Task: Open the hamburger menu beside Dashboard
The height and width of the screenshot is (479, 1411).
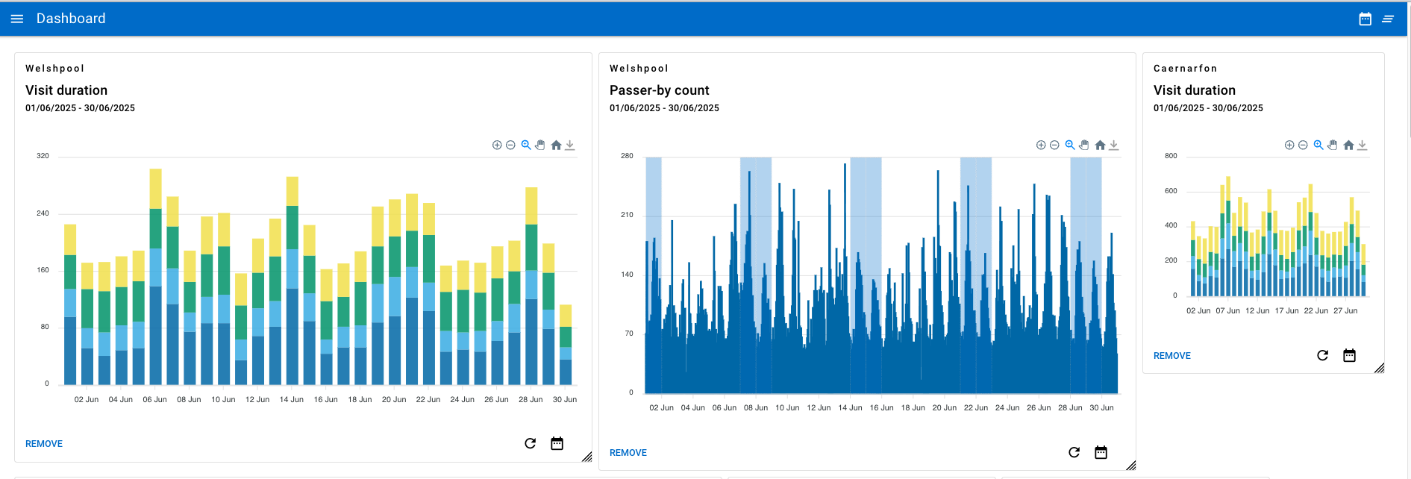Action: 16,19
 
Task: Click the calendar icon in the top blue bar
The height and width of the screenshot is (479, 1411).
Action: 1365,19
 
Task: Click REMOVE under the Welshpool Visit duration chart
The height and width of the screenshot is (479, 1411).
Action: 44,444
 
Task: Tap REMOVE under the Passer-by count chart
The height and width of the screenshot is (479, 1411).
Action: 628,453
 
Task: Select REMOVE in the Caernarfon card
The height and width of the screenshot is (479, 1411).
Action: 1171,356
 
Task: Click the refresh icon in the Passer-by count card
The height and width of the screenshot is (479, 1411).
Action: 1074,452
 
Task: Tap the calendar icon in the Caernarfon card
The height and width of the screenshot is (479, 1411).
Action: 1349,355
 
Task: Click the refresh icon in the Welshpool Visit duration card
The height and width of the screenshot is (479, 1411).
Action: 530,443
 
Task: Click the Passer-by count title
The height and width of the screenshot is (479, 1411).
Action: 659,90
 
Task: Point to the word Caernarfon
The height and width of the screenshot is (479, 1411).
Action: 1185,69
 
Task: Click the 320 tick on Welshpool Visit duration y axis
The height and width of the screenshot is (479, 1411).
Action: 43,156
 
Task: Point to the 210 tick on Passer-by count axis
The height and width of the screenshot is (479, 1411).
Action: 627,215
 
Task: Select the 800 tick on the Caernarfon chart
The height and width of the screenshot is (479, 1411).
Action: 1171,156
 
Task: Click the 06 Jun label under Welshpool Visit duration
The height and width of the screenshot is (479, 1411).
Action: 154,400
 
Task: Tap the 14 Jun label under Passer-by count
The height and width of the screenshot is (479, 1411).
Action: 850,408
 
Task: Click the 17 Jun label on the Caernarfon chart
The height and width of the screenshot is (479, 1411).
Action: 1286,311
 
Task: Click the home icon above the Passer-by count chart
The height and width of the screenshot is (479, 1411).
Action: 1100,145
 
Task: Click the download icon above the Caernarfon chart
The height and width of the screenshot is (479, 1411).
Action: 1362,145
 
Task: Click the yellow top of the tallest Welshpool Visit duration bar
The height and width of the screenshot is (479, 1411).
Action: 155,188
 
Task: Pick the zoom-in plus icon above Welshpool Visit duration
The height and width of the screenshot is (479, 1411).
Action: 497,145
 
